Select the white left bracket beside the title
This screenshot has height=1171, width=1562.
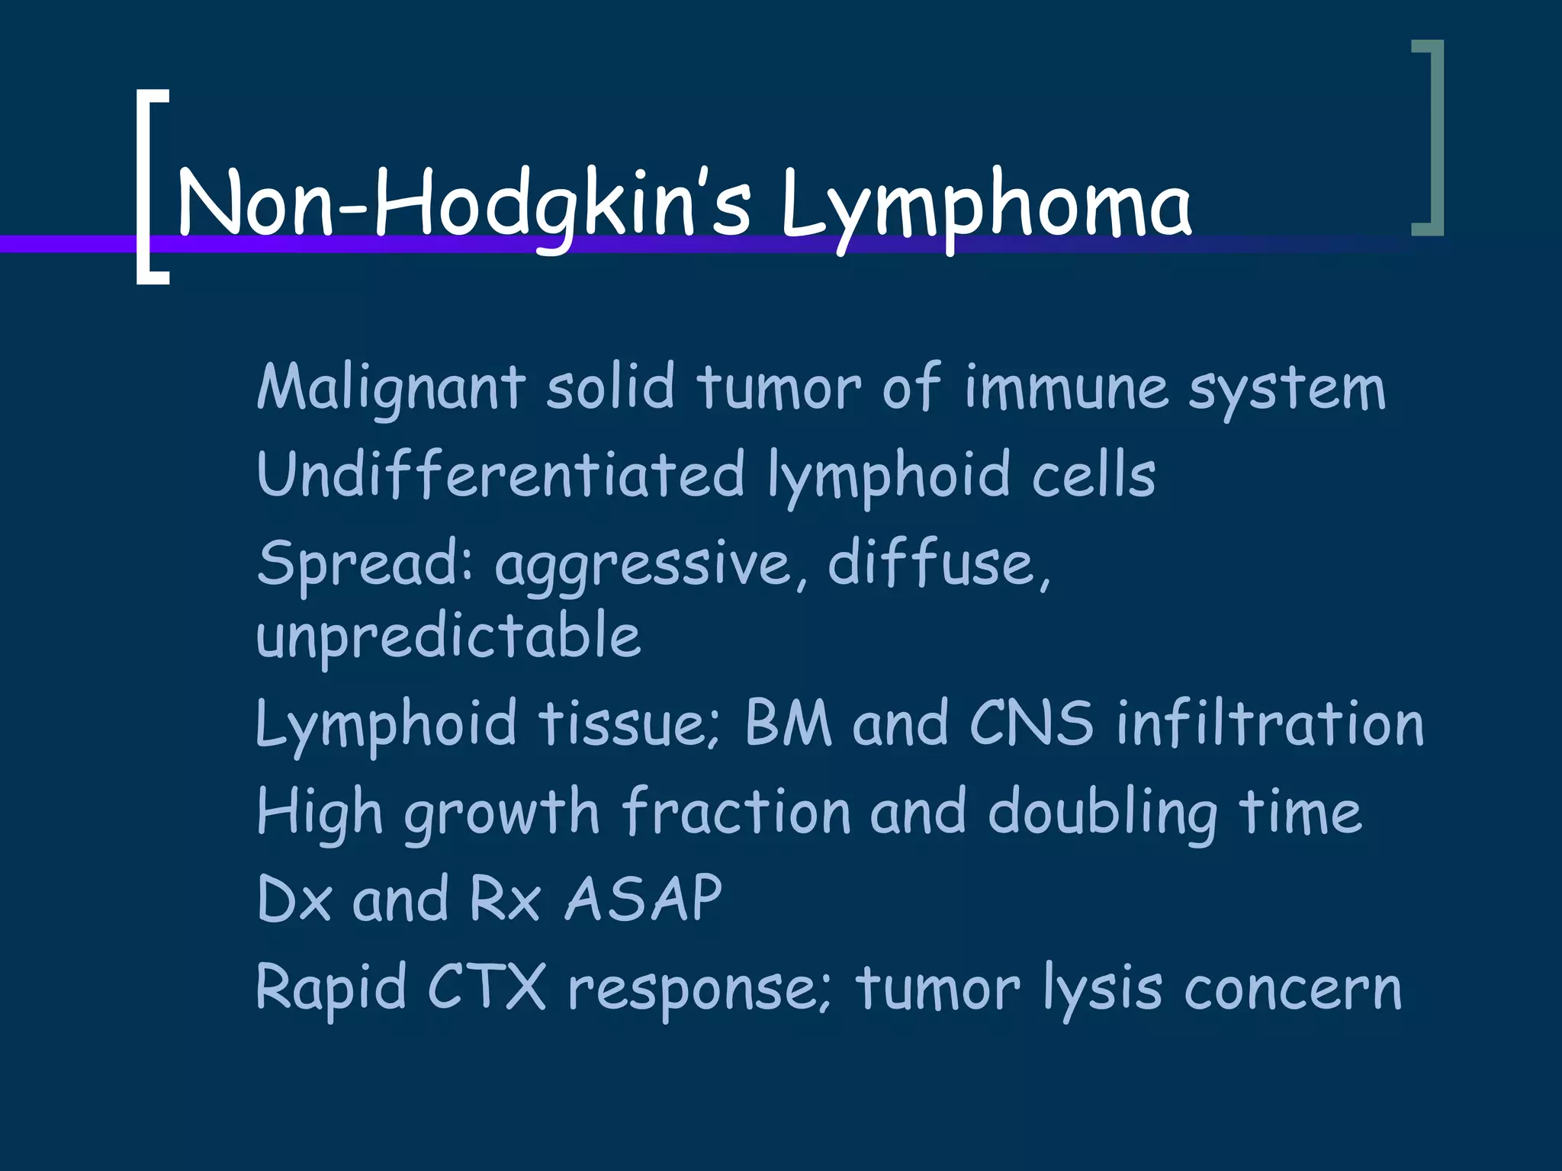(x=151, y=187)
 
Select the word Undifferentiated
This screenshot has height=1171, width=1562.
(x=500, y=474)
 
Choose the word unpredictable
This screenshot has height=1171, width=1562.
(x=448, y=637)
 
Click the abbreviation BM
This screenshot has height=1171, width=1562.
(x=788, y=723)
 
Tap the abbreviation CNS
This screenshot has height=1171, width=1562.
(x=1031, y=723)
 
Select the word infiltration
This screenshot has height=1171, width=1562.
(x=1270, y=723)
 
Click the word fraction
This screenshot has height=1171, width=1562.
(x=736, y=811)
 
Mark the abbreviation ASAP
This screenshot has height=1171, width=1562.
(x=643, y=899)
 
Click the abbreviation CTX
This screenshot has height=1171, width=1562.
(x=487, y=987)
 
